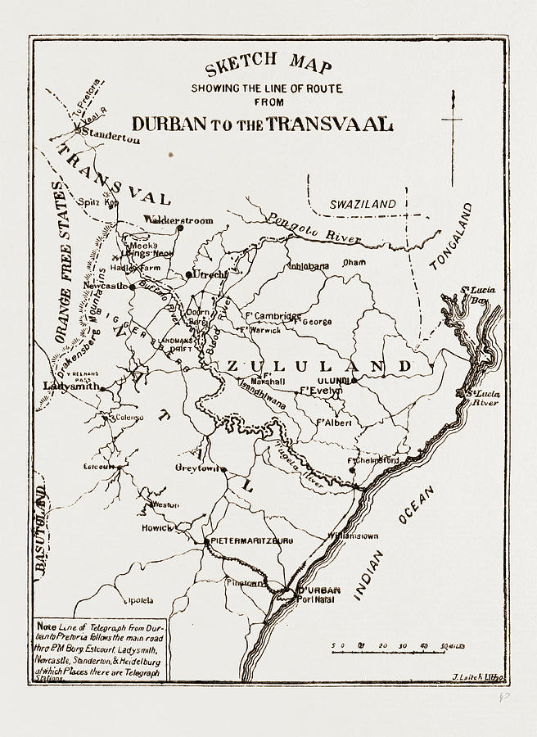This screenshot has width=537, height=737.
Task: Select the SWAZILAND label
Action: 362,204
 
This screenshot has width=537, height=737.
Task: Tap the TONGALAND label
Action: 454,237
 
